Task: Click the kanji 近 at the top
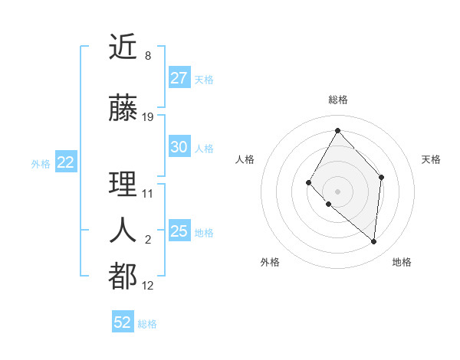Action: (123, 48)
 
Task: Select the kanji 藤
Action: (123, 109)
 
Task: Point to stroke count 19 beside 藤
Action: (148, 117)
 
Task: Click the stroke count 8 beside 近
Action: (148, 56)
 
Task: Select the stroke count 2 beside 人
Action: (148, 240)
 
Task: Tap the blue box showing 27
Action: (179, 78)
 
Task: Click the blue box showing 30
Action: (179, 147)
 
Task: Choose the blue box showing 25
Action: (179, 231)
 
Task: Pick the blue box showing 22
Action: (66, 162)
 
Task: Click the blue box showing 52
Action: (123, 322)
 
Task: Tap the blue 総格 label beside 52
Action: (147, 324)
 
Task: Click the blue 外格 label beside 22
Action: (41, 163)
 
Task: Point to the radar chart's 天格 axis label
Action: (432, 159)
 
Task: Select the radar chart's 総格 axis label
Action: (337, 100)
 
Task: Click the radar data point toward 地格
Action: (374, 242)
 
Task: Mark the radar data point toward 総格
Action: (337, 130)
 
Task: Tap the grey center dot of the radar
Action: (337, 191)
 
